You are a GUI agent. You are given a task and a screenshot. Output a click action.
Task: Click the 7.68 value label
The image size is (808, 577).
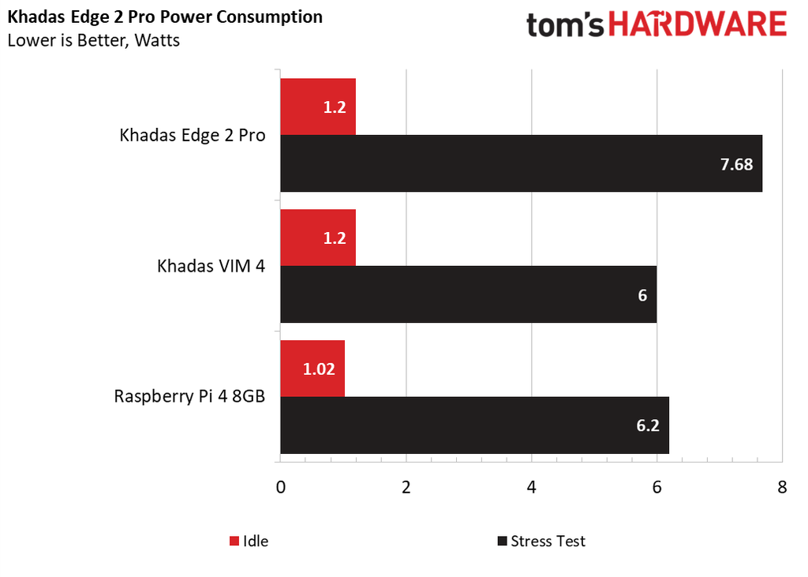coord(737,165)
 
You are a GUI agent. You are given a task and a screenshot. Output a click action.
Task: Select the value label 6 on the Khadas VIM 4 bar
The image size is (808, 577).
coord(642,295)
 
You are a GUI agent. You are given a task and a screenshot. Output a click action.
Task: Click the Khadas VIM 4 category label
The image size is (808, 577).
coord(211,266)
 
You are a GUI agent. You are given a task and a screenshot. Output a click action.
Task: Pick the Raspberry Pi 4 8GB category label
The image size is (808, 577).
coord(189,395)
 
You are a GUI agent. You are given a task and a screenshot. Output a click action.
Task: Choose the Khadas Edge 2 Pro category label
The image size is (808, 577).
coord(193,135)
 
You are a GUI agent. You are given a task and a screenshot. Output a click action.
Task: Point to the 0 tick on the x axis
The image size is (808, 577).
coord(280,487)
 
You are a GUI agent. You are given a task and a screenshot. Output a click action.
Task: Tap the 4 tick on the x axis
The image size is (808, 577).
coord(531,487)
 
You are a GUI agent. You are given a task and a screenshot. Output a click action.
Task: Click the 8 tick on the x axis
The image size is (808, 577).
coord(782,487)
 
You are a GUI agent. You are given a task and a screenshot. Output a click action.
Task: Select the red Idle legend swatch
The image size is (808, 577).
coord(234,541)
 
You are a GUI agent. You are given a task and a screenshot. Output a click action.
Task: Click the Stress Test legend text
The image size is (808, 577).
coord(548,541)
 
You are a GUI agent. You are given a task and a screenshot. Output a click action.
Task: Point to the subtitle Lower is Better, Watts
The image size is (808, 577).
coord(93,40)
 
